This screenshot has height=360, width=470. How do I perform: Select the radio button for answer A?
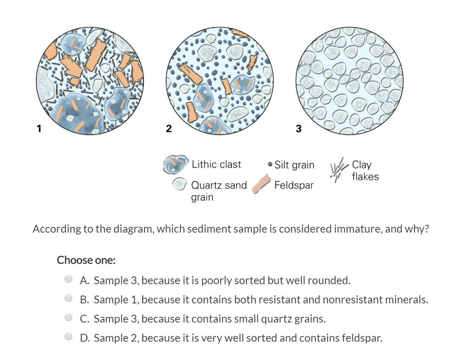point(68,279)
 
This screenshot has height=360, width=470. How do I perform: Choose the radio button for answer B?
point(68,298)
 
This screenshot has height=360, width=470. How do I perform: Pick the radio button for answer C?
point(68,318)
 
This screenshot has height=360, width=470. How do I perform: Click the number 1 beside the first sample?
point(39,129)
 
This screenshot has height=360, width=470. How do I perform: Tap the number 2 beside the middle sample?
point(168,129)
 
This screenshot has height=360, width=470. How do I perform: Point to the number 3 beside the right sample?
point(298,129)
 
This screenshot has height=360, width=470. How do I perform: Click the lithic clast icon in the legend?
point(175,164)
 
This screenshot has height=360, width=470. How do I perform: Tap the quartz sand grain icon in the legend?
point(179,185)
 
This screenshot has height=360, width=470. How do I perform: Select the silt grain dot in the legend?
point(270,164)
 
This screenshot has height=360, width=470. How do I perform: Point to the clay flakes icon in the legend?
point(339,169)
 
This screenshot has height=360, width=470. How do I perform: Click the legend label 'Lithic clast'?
point(216,164)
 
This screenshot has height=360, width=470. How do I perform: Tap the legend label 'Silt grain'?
point(294,165)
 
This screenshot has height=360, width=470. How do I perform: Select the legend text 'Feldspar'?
point(294,186)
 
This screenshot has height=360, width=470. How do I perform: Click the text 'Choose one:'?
point(86,260)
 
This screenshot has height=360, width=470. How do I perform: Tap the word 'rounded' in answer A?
point(332,280)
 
